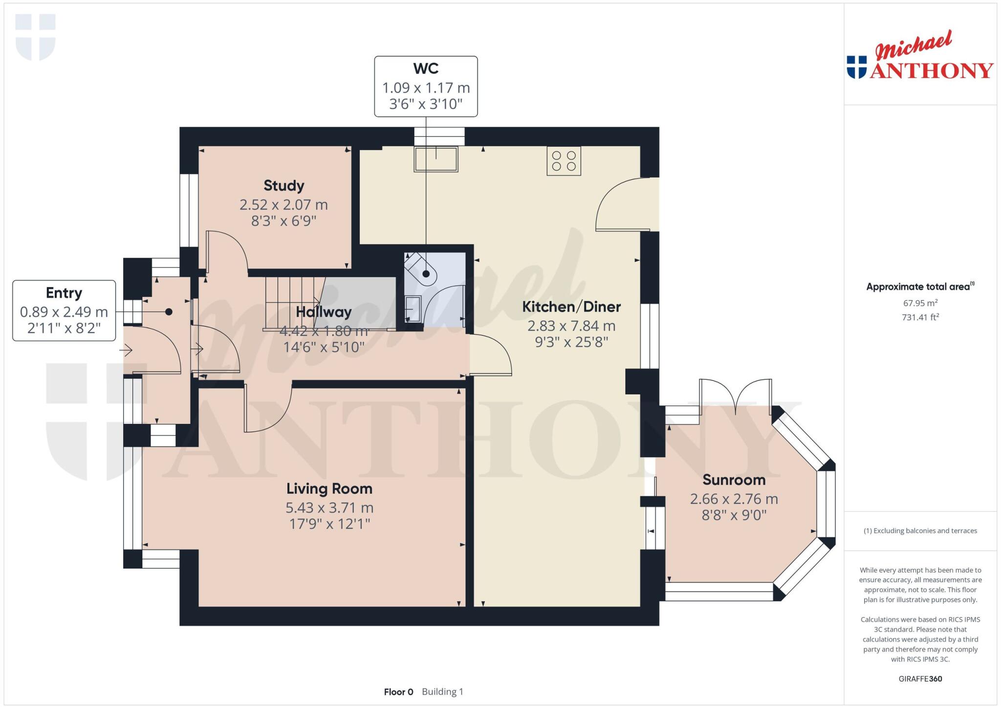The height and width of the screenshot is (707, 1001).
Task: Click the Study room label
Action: [x=283, y=186]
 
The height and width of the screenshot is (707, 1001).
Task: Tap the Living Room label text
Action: [x=329, y=488]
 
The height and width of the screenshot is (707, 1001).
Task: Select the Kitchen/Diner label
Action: [x=571, y=307]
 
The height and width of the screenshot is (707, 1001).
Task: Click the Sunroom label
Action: [x=734, y=480]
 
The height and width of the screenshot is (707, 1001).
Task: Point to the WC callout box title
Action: [x=426, y=69]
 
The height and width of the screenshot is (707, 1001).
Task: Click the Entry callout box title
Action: [x=64, y=293]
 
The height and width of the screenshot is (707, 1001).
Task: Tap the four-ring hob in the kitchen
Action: [x=564, y=161]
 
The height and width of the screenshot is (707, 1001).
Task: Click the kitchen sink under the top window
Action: [x=435, y=159]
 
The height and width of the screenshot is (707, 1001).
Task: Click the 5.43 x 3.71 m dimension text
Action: [x=329, y=508]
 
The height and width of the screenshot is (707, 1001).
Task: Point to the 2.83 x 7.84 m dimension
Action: [x=571, y=326]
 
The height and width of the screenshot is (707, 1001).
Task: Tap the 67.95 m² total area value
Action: [x=920, y=303]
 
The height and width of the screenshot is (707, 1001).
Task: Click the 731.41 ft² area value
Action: [x=920, y=317]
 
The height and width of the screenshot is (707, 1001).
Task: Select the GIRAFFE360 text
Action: [x=920, y=679]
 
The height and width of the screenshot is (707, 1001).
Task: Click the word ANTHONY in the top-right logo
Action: [x=931, y=71]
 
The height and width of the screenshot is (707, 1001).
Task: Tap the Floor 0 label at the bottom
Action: [x=398, y=692]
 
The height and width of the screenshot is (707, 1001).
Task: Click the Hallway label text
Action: [x=323, y=312]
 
